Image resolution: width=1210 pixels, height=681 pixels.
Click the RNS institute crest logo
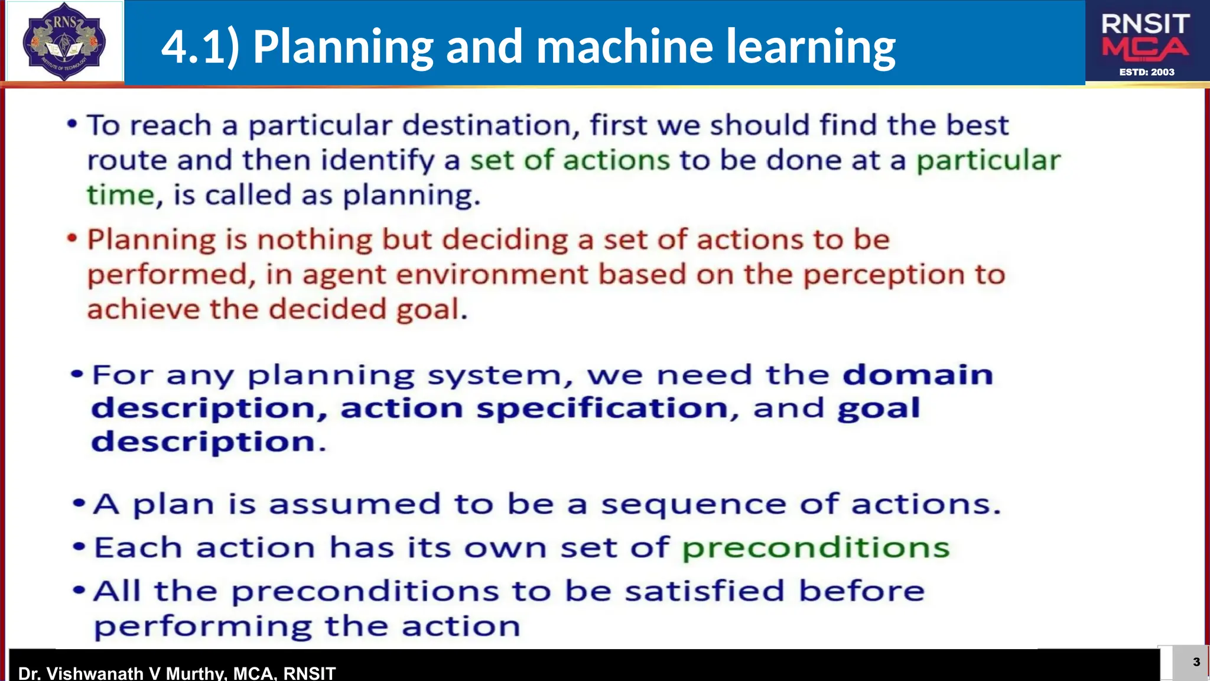64,41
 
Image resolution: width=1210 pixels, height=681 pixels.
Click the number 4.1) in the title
200,47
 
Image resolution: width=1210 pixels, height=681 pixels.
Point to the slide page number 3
1196,661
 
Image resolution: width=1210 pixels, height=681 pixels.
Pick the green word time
121,195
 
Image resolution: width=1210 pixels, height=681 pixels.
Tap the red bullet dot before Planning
72,239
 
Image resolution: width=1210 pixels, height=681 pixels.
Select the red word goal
428,310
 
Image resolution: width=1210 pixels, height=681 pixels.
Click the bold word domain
918,375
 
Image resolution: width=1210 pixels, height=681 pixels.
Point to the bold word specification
602,408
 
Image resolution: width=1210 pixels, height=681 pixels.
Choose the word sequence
694,504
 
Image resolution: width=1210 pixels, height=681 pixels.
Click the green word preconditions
815,548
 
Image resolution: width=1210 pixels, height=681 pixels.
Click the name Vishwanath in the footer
95,673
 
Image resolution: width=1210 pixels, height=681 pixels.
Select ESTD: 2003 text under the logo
1147,72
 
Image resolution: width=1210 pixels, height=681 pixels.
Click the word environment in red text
492,275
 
